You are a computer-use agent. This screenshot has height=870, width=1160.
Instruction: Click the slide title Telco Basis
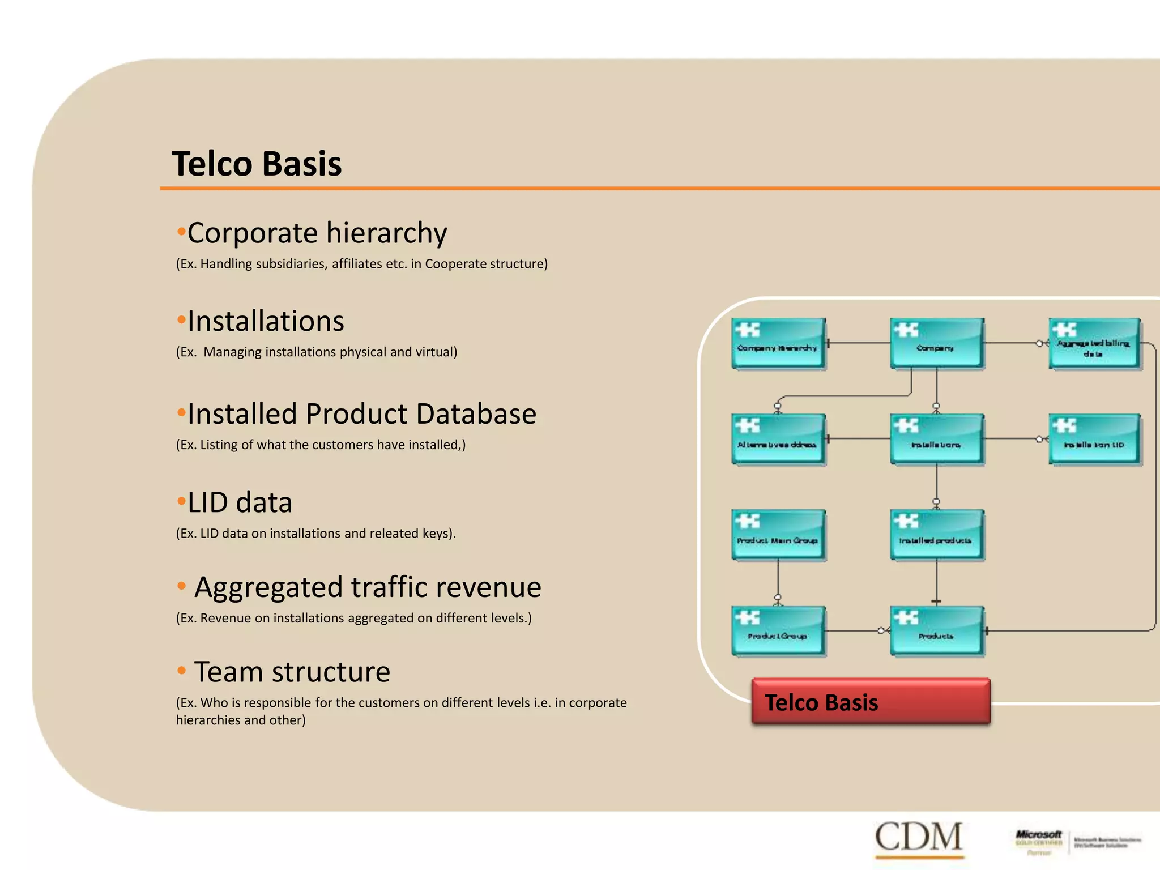[x=257, y=164]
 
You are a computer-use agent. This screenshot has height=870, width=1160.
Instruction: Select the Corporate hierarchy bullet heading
[x=317, y=233]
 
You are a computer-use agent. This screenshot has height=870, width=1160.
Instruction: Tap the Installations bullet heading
[x=265, y=321]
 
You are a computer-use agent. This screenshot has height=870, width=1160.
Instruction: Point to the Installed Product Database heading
[x=361, y=413]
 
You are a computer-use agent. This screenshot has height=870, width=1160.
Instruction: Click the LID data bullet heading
[x=240, y=502]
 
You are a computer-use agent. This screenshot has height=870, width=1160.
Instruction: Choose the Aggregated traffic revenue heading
[x=367, y=587]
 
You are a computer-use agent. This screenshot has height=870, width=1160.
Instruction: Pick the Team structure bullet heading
[x=292, y=672]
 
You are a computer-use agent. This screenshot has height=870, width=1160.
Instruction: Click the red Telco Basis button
[x=871, y=702]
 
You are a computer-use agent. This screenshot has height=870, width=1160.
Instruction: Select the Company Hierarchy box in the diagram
[x=778, y=344]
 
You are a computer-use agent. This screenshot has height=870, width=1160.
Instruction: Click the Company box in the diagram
[x=936, y=344]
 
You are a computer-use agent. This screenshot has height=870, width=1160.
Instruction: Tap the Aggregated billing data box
[x=1094, y=344]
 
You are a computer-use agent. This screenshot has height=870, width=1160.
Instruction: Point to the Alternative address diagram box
[x=778, y=440]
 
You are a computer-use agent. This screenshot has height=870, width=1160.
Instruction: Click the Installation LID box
[x=1094, y=440]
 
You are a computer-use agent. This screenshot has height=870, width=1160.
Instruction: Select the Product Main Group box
[x=778, y=535]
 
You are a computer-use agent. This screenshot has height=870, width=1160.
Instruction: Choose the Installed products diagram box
[x=936, y=535]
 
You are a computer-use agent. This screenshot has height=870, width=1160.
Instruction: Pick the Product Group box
[x=778, y=631]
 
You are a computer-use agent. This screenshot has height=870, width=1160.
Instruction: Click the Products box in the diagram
[x=936, y=631]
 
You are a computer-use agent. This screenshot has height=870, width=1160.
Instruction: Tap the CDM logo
[x=918, y=837]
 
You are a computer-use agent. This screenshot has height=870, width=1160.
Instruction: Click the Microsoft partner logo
[x=1077, y=842]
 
